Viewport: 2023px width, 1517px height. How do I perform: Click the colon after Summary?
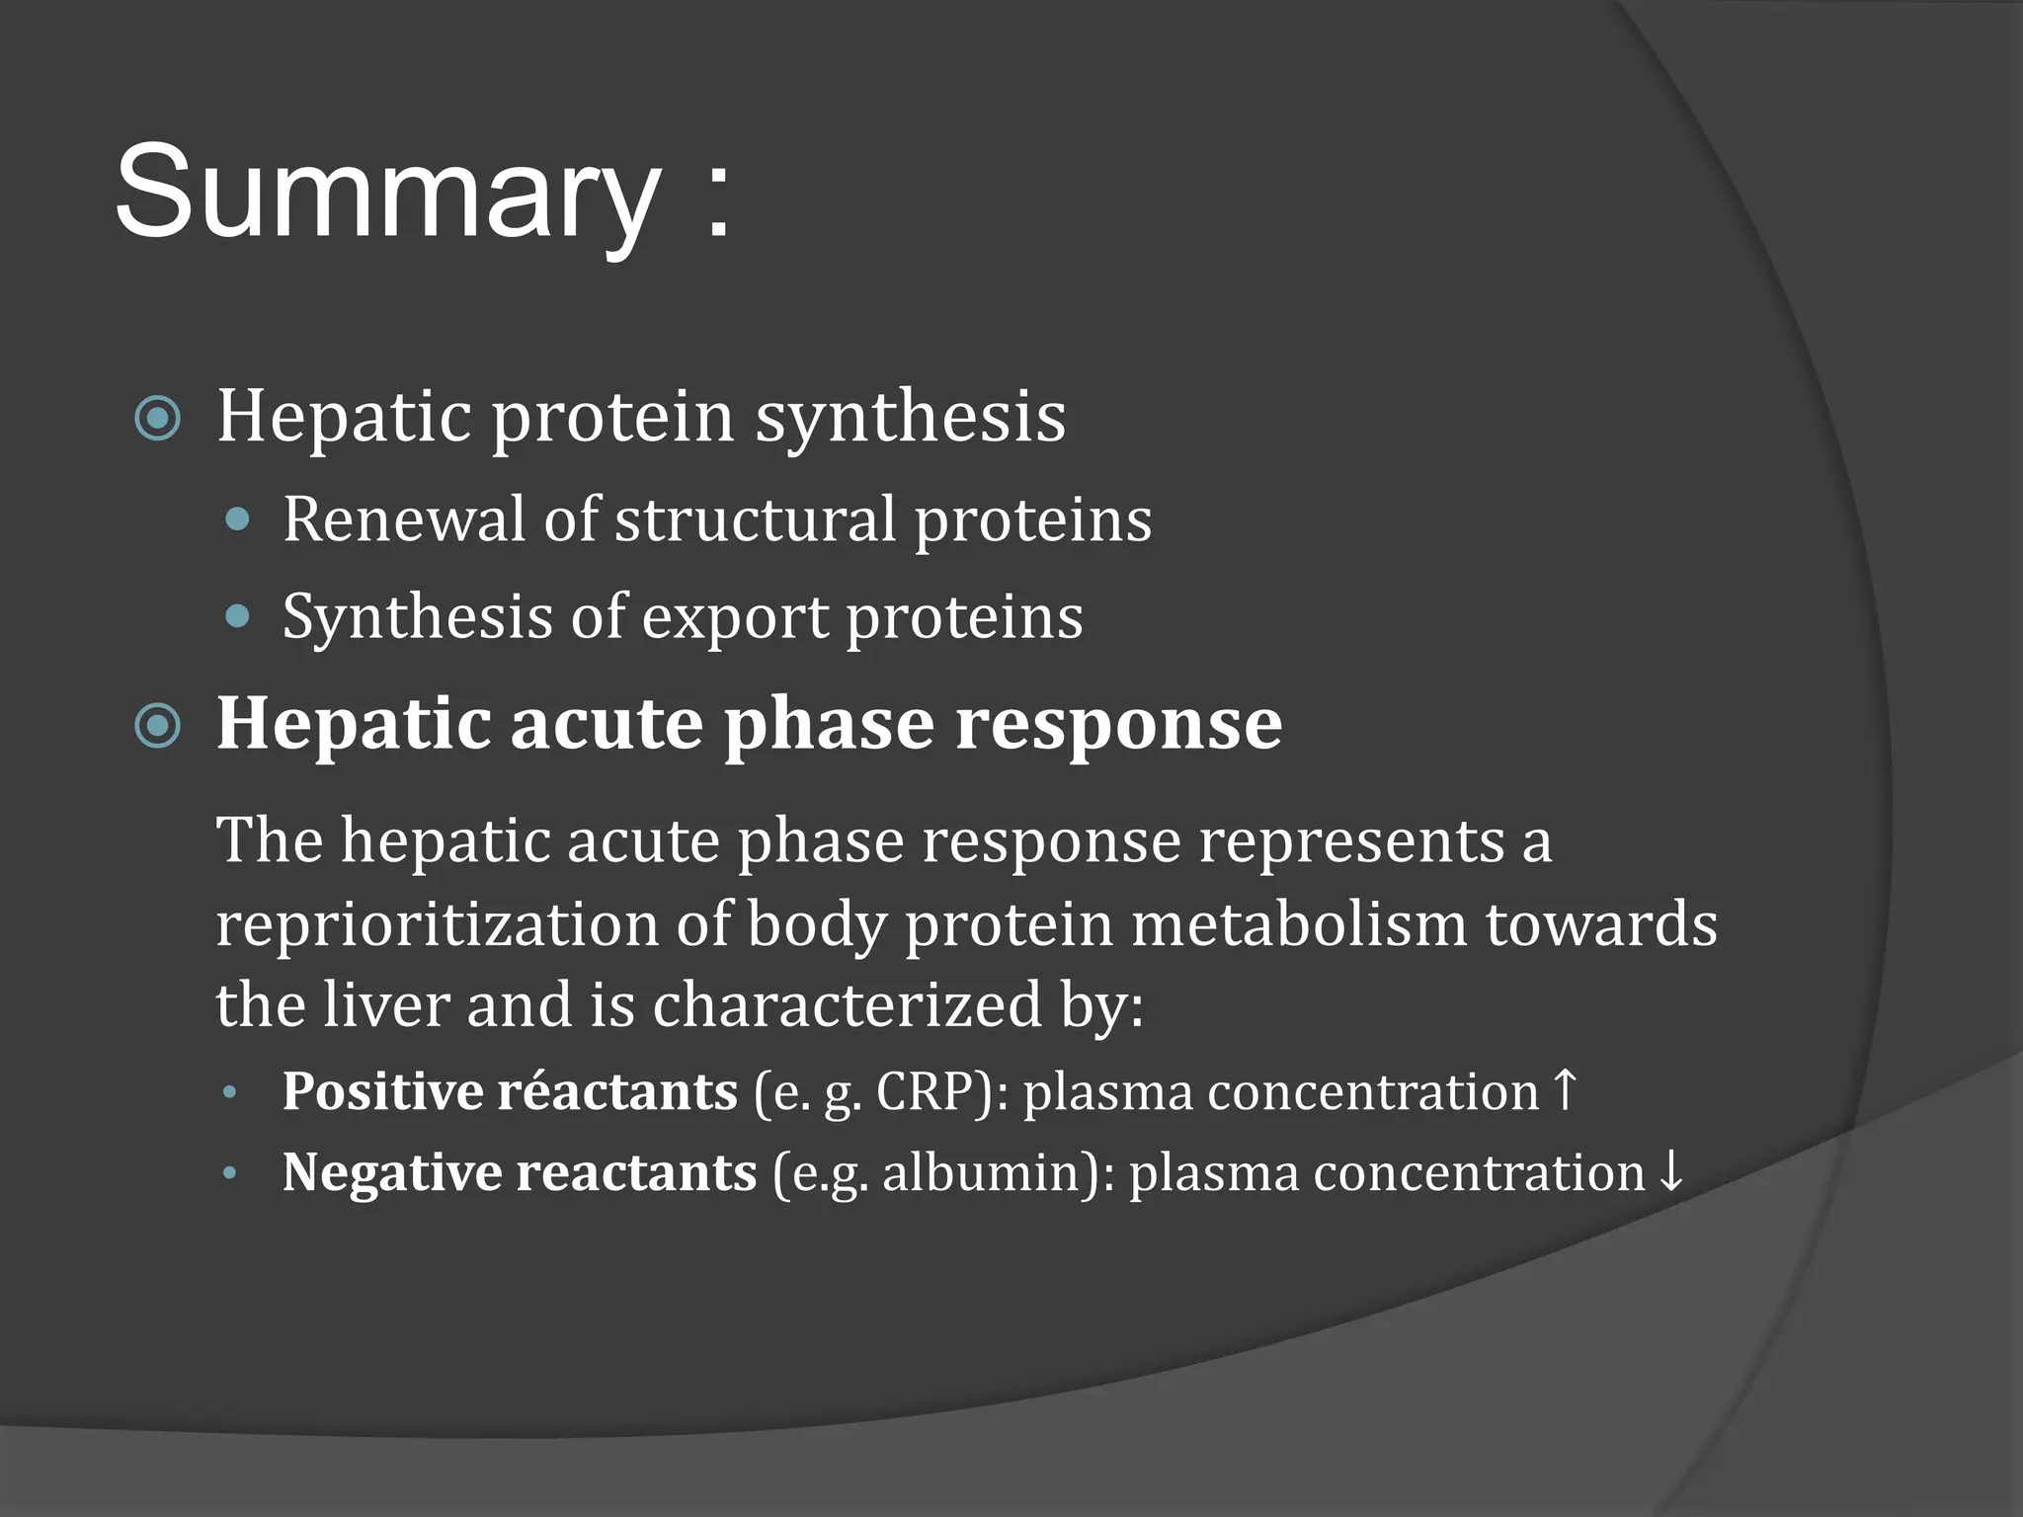[x=719, y=202]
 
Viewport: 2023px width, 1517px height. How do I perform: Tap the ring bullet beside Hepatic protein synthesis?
[x=158, y=419]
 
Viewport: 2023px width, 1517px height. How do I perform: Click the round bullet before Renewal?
[x=237, y=519]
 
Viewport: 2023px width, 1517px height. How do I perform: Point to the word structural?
[x=755, y=519]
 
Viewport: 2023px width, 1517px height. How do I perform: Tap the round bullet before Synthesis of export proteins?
[x=237, y=617]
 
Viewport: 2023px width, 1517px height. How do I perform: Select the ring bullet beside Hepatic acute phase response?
[x=158, y=727]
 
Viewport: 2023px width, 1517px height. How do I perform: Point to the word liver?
[x=386, y=1004]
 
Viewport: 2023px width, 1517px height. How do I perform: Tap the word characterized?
[x=847, y=1004]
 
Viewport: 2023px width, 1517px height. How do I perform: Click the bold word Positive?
[x=379, y=1092]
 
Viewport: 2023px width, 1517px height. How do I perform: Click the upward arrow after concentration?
[x=1565, y=1088]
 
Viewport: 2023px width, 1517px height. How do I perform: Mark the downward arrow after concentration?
[x=1670, y=1171]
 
